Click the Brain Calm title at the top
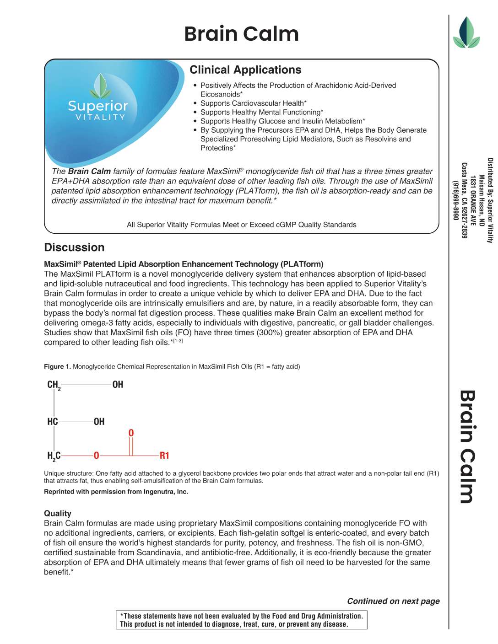pos(241,34)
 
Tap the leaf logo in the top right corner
pos(466,32)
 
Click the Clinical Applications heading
pos(245,70)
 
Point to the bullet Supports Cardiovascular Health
pos(253,103)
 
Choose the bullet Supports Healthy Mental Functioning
pos(261,113)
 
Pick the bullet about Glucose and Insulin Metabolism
pos(282,121)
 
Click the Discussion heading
pos(74,247)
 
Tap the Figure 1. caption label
pos(57,367)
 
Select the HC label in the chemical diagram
pos(52,422)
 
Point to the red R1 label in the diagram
pos(164,456)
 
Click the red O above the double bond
pos(131,433)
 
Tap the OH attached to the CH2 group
pos(118,385)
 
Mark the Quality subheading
pos(58,514)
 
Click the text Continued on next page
pos(393,601)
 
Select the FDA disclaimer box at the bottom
pos(242,620)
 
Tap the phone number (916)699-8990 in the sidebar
pos(455,200)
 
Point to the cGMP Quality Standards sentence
pos(241,225)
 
